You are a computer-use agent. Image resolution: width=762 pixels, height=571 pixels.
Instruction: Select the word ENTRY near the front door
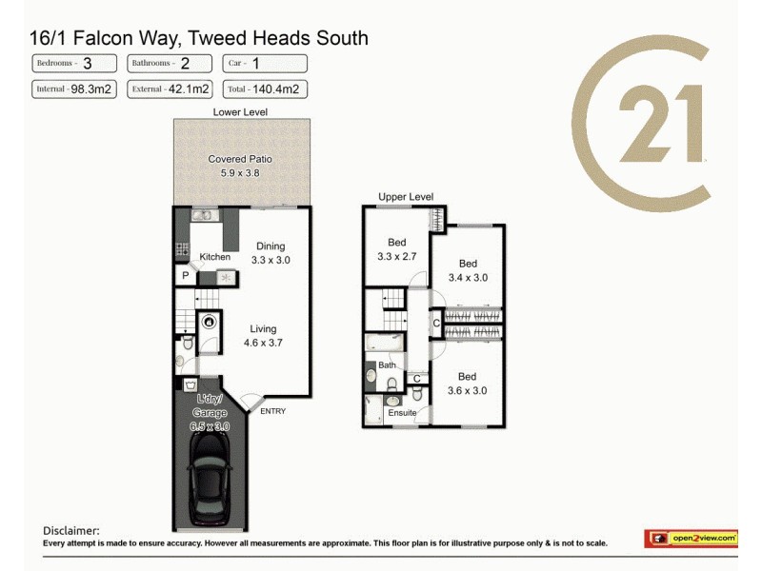pos(271,411)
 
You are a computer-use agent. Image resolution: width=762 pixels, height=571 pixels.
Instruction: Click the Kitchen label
pos(214,257)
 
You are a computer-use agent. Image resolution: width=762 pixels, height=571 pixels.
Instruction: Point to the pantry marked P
pos(185,276)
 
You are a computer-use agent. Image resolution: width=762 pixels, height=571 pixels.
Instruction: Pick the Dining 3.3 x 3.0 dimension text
pos(270,260)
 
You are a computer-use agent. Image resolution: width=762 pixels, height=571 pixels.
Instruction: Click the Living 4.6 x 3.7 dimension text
pos(264,343)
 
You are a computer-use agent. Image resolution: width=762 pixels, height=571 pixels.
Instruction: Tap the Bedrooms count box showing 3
pos(74,64)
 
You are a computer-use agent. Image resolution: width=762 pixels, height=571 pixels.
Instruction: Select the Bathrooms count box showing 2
pos(170,64)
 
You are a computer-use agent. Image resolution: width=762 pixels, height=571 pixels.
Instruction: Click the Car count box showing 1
pos(265,64)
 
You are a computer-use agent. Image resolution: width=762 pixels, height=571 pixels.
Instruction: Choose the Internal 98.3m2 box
pos(74,89)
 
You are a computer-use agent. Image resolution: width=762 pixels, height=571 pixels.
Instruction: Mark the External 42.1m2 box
pos(170,89)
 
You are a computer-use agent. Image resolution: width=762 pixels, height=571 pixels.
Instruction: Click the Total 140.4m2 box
pos(265,89)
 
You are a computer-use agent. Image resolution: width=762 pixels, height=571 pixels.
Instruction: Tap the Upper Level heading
pos(406,197)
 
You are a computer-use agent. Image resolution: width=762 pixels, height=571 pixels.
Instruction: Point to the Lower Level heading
pos(240,112)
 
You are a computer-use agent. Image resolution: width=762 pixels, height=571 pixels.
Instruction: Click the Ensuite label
pos(402,413)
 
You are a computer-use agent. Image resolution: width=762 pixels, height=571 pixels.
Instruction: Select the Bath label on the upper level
pos(387,364)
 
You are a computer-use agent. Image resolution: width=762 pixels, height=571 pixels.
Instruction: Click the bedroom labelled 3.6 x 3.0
pos(467,384)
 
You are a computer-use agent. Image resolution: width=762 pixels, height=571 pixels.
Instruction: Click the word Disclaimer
pos(71,531)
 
